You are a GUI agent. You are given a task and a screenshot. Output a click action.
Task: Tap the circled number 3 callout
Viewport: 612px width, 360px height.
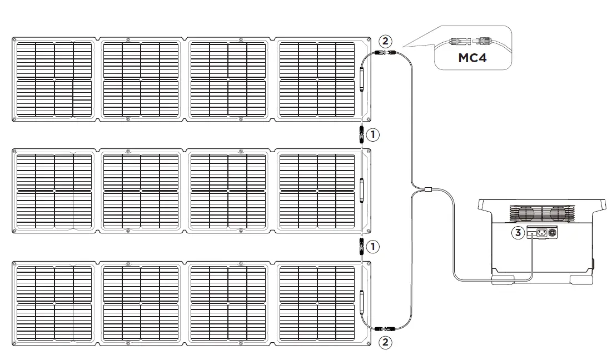518,233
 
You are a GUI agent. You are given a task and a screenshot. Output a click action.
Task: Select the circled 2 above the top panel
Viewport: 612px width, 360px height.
384,41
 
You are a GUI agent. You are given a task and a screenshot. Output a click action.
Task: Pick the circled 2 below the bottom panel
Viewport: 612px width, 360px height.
384,342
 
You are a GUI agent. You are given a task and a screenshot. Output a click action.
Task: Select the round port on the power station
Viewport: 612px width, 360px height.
552,233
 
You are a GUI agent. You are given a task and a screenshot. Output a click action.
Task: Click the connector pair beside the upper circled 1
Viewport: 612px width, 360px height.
361,134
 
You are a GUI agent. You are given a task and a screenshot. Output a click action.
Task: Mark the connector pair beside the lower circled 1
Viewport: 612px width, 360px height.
361,246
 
